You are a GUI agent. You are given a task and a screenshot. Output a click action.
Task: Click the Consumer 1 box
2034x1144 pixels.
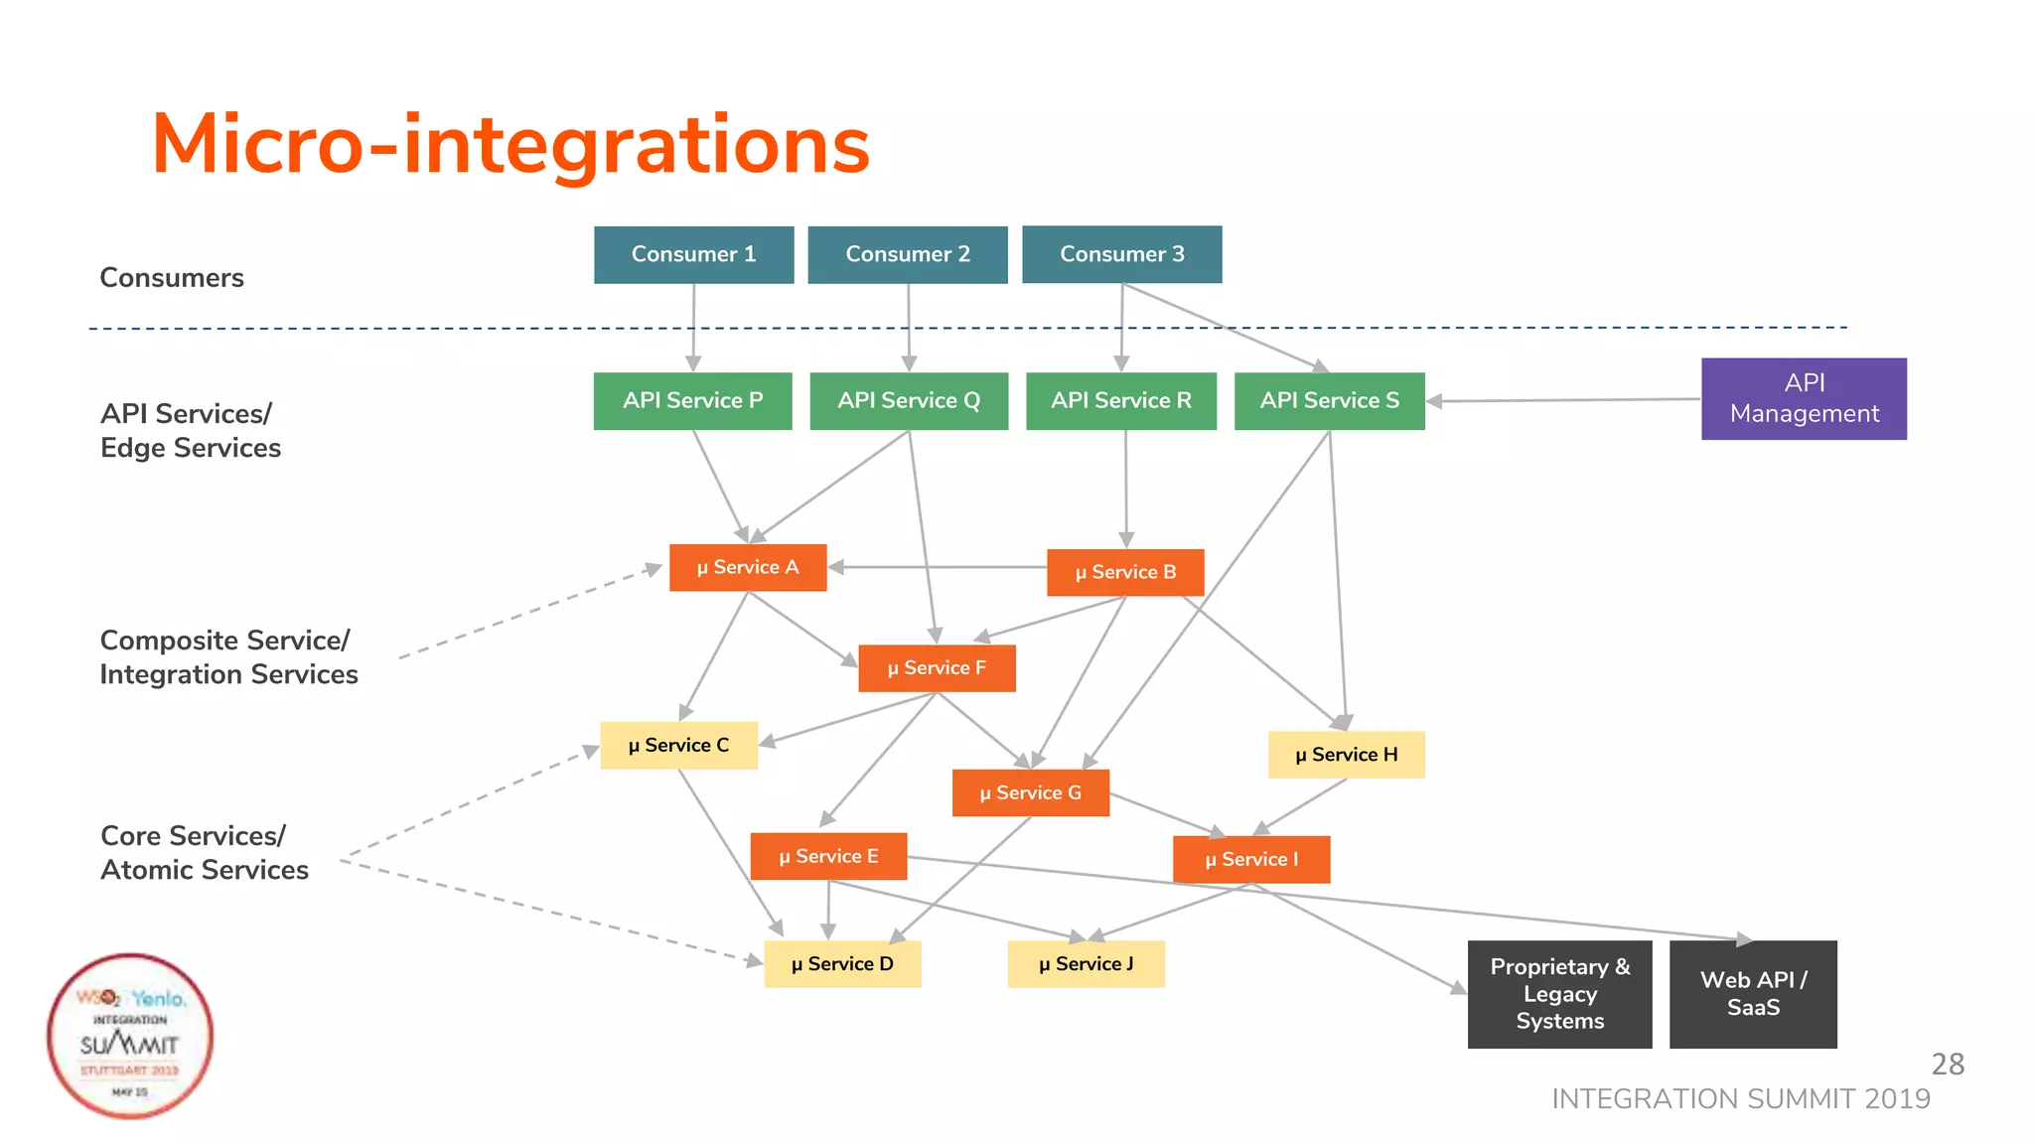[x=693, y=254]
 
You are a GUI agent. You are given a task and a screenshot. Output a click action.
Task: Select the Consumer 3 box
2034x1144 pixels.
[x=1121, y=254]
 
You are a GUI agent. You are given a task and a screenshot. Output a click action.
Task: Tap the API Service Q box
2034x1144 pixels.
[x=909, y=400]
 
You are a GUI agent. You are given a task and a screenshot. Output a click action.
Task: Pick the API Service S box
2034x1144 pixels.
[x=1329, y=400]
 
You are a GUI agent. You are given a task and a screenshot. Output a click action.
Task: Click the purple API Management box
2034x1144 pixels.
[x=1804, y=398]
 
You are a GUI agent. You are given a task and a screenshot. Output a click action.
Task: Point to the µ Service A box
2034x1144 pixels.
[x=748, y=567]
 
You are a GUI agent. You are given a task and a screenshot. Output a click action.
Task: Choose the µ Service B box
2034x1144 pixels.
[x=1125, y=572]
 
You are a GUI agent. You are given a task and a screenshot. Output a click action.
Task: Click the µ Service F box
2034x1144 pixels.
[x=937, y=667]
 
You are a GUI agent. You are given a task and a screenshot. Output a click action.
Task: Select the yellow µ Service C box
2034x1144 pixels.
[x=678, y=745]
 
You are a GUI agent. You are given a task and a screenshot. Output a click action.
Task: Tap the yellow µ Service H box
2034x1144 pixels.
[x=1346, y=754]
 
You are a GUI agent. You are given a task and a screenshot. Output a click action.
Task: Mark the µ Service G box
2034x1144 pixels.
[x=1030, y=792]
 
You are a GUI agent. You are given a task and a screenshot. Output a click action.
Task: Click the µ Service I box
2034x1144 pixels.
[x=1251, y=859]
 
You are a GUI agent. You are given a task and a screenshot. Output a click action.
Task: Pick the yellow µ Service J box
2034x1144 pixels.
[x=1086, y=963]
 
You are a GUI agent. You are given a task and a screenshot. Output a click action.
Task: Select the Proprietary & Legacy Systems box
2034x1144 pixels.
[x=1559, y=993]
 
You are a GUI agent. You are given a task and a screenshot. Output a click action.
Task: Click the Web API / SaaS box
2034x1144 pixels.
[x=1753, y=993]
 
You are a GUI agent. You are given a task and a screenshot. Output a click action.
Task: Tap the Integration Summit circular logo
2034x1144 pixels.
[x=130, y=1036]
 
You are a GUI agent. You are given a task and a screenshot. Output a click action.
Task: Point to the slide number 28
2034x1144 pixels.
[x=1947, y=1064]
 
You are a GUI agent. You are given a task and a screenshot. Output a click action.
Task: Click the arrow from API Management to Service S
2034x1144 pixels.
[x=1564, y=400]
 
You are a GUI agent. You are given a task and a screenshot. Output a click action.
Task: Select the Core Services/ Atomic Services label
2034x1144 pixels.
[x=205, y=852]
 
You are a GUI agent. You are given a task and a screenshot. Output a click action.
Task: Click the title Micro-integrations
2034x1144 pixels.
[x=510, y=145]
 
